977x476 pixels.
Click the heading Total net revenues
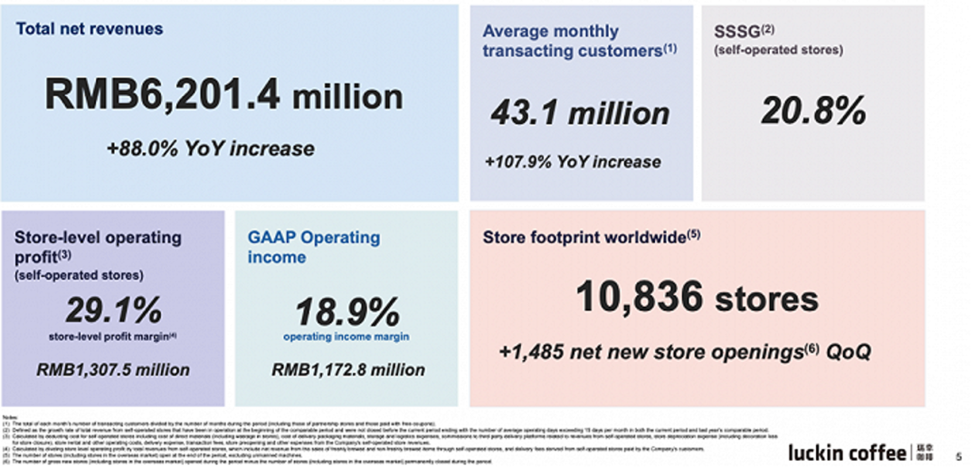pos(90,29)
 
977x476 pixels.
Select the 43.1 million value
pos(580,113)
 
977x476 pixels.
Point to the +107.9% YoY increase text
pos(573,163)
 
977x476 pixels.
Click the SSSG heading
pos(738,32)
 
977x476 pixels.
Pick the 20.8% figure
pos(812,111)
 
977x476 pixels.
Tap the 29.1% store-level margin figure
pos(113,310)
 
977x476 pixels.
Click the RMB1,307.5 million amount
pos(113,369)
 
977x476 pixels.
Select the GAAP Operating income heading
pos(313,247)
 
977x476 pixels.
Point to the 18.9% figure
pos(347,313)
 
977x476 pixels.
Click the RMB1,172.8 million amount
pos(348,369)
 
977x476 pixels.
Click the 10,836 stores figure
pos(697,297)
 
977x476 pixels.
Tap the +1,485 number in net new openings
pos(537,352)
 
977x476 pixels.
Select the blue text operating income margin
pos(347,338)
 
